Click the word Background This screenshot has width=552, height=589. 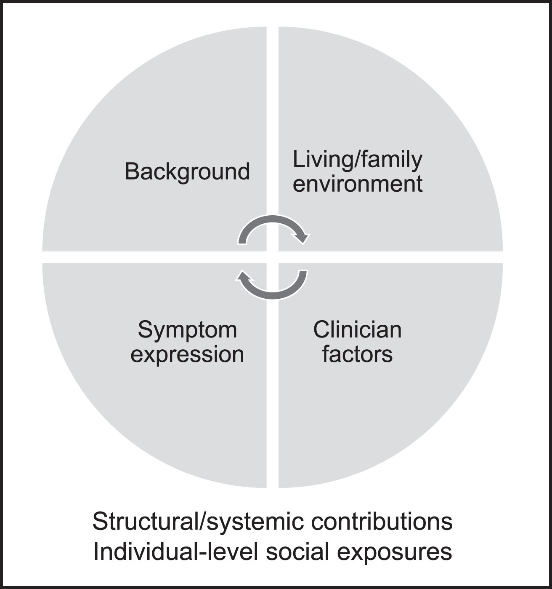tap(187, 172)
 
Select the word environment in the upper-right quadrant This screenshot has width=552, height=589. tap(357, 184)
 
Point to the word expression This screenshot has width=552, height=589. tap(187, 355)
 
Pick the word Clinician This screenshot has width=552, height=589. tap(357, 330)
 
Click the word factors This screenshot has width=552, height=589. tap(357, 354)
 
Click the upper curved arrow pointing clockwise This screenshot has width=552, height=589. tap(273, 220)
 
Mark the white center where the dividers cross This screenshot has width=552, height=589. tap(273, 257)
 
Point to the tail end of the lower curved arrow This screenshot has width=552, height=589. tap(303, 271)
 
